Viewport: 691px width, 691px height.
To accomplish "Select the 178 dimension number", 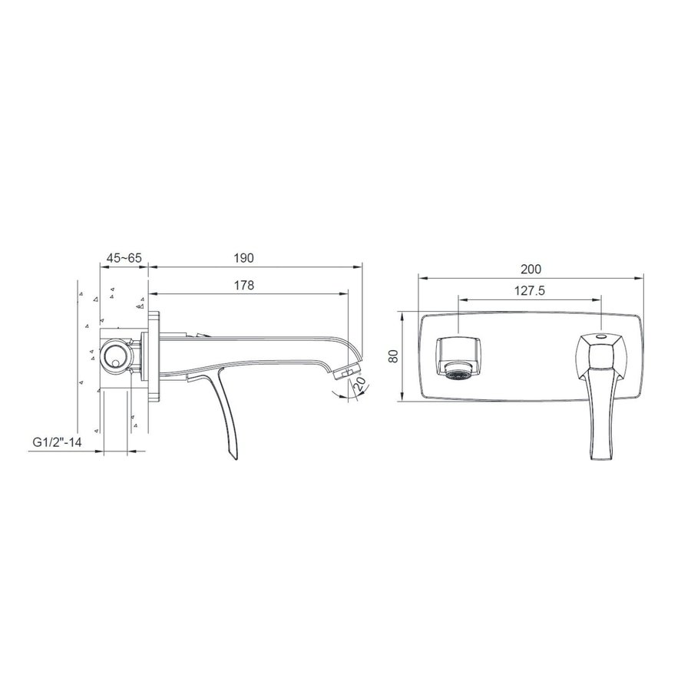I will point(245,284).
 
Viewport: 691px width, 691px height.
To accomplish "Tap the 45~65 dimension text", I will point(124,258).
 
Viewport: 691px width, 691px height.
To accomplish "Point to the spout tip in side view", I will point(349,371).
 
